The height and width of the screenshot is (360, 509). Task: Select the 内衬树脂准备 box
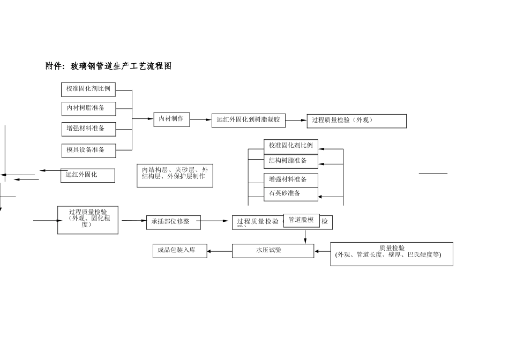pos(88,108)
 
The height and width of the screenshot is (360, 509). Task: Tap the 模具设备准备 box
pos(88,150)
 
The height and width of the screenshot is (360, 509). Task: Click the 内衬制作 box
pos(171,119)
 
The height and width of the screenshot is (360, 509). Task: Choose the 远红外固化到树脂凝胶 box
pos(248,120)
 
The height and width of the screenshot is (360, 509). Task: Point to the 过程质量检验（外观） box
pos(356,121)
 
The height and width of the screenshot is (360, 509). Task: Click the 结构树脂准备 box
pos(290,161)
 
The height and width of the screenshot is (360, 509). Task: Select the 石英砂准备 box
pos(290,193)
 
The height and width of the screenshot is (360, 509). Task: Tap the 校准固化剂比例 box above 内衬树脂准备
pos(88,89)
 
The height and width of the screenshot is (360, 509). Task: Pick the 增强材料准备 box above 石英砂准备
pos(290,179)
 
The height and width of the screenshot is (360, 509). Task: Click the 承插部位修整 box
pos(173,222)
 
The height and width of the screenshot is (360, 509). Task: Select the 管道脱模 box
pos(301,220)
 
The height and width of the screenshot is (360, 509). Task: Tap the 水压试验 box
pos(273,250)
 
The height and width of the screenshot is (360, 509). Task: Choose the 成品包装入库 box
pos(179,250)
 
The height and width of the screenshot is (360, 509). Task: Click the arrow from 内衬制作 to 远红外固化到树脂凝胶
pos(201,120)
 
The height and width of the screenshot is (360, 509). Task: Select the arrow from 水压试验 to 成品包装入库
pos(219,251)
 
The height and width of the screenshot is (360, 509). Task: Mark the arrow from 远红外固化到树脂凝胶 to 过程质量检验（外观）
pos(296,121)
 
